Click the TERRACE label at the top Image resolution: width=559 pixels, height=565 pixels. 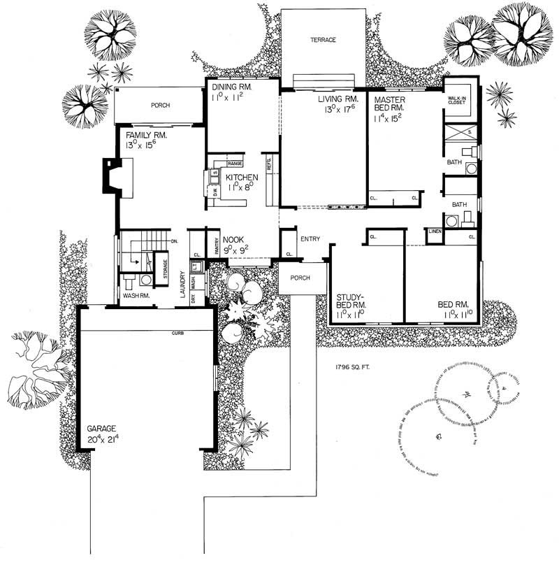[324, 40]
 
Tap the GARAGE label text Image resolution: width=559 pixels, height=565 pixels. [101, 429]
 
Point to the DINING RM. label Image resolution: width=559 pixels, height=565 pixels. [231, 87]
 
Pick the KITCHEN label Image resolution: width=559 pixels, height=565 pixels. [242, 178]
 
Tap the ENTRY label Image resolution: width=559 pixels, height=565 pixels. [310, 239]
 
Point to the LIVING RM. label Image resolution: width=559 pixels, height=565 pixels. [322, 99]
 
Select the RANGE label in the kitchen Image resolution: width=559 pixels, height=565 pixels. [235, 163]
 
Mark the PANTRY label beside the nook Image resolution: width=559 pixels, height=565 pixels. [217, 245]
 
